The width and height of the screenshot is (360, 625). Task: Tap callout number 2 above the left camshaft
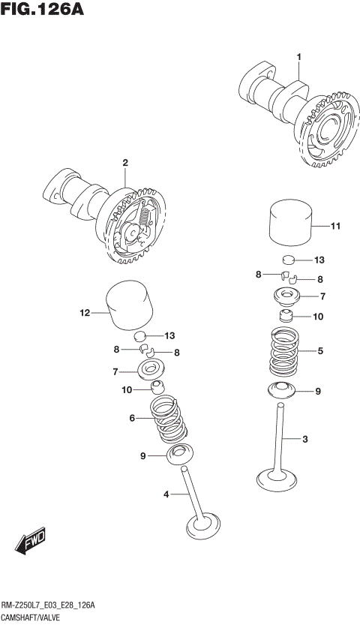pos(125,163)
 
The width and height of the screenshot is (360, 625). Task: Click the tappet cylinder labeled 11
pos(289,223)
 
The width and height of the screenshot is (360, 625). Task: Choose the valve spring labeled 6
pos(169,421)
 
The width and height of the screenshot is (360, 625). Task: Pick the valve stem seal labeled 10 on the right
pos(286,316)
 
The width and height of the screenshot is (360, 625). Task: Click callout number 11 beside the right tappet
pos(335,225)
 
